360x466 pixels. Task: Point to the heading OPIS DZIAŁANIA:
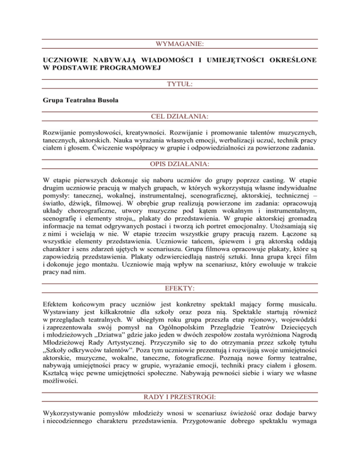(x=180, y=165)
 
